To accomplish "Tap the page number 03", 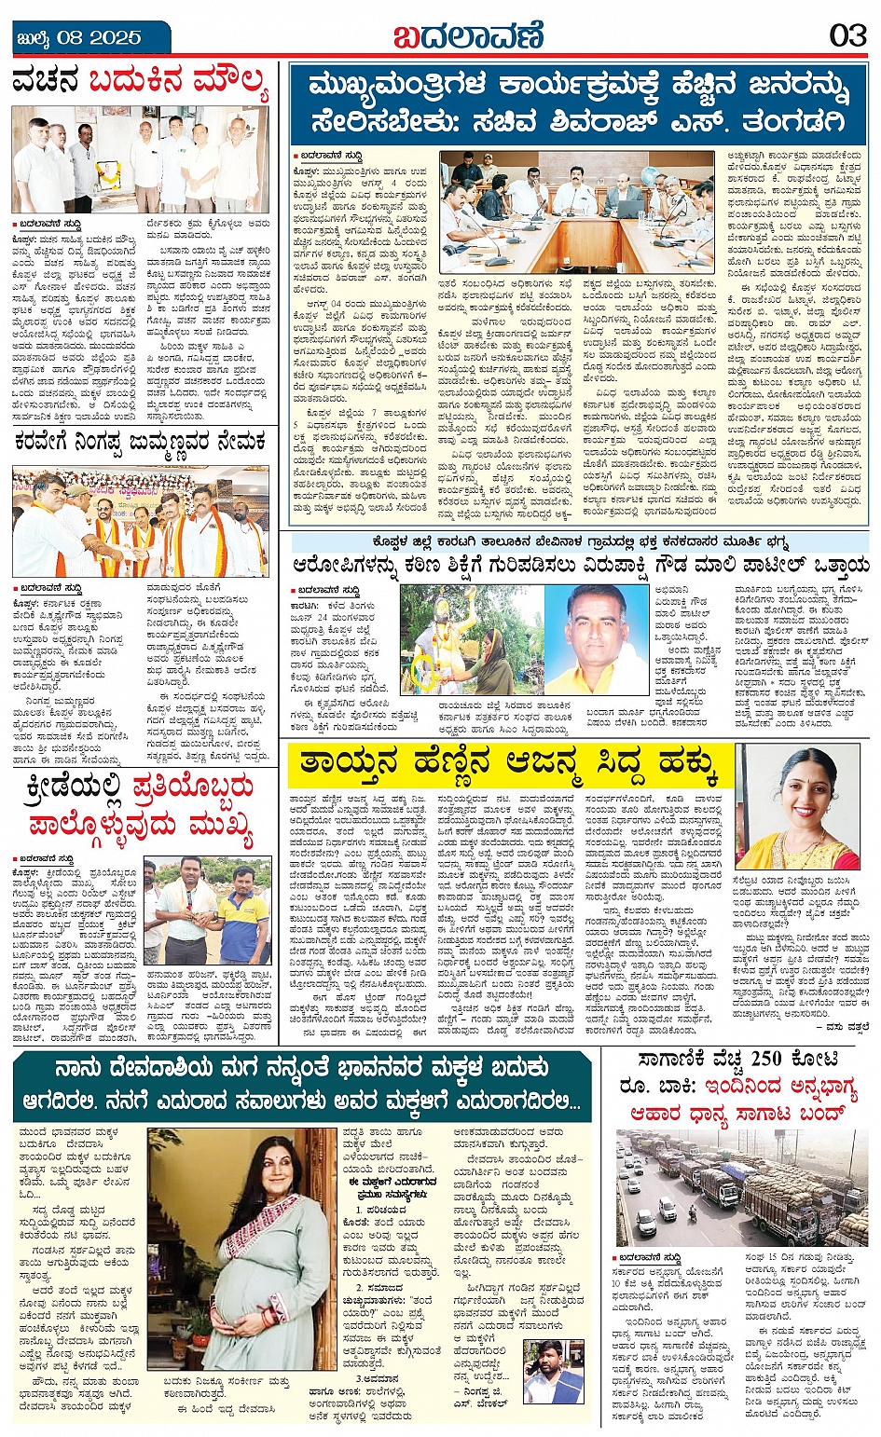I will (847, 35).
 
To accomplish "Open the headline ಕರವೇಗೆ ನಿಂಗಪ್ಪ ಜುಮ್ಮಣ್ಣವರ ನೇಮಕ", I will (140, 443).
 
